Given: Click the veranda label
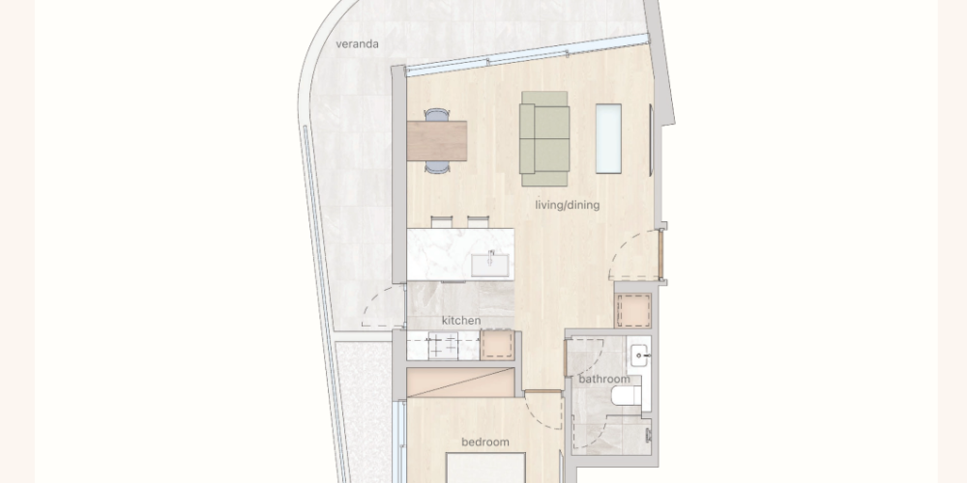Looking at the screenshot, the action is click(x=357, y=44).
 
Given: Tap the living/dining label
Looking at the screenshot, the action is click(x=568, y=205).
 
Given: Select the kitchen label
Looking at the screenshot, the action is click(x=461, y=321).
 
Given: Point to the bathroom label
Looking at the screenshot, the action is click(x=604, y=379).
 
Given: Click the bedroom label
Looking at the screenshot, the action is click(x=485, y=441).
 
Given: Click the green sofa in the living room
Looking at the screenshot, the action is click(x=543, y=138).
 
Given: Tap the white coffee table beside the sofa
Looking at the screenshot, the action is click(x=608, y=138).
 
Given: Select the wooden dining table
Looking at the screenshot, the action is click(x=437, y=141).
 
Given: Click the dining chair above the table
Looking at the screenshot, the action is click(x=437, y=115).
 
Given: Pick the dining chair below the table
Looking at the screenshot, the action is click(x=437, y=167).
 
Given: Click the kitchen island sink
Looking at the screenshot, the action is click(x=490, y=265).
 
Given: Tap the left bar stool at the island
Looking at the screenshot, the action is click(x=442, y=222).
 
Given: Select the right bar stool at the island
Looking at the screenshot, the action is click(x=478, y=222).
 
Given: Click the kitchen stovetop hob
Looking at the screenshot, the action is click(x=444, y=346).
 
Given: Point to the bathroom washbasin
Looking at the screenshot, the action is click(x=639, y=355).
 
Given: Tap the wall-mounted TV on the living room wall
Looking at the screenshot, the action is click(x=651, y=140).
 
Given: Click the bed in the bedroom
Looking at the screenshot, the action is click(x=485, y=469).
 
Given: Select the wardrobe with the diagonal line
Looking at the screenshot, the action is click(x=460, y=383).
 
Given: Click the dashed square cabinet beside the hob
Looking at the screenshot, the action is click(x=497, y=345).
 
